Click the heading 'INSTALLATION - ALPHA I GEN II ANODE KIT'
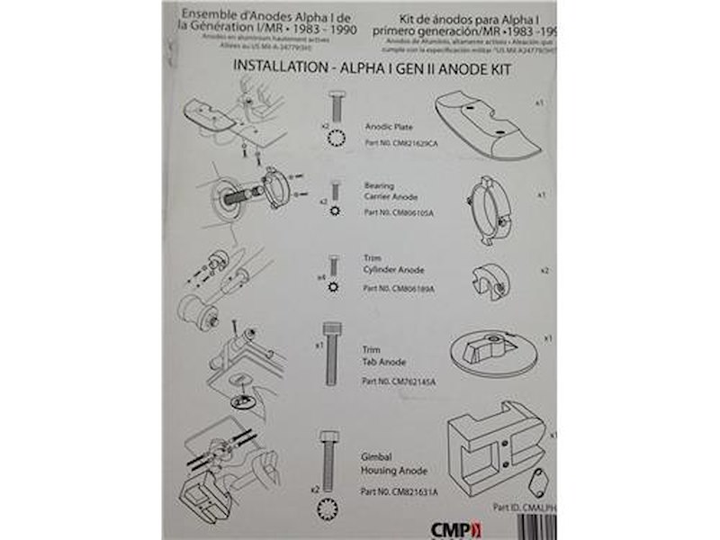[x=372, y=68]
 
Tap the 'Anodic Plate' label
[x=389, y=127]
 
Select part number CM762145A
[x=398, y=382]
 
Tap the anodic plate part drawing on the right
[x=490, y=129]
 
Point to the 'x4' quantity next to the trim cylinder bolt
[x=320, y=277]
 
